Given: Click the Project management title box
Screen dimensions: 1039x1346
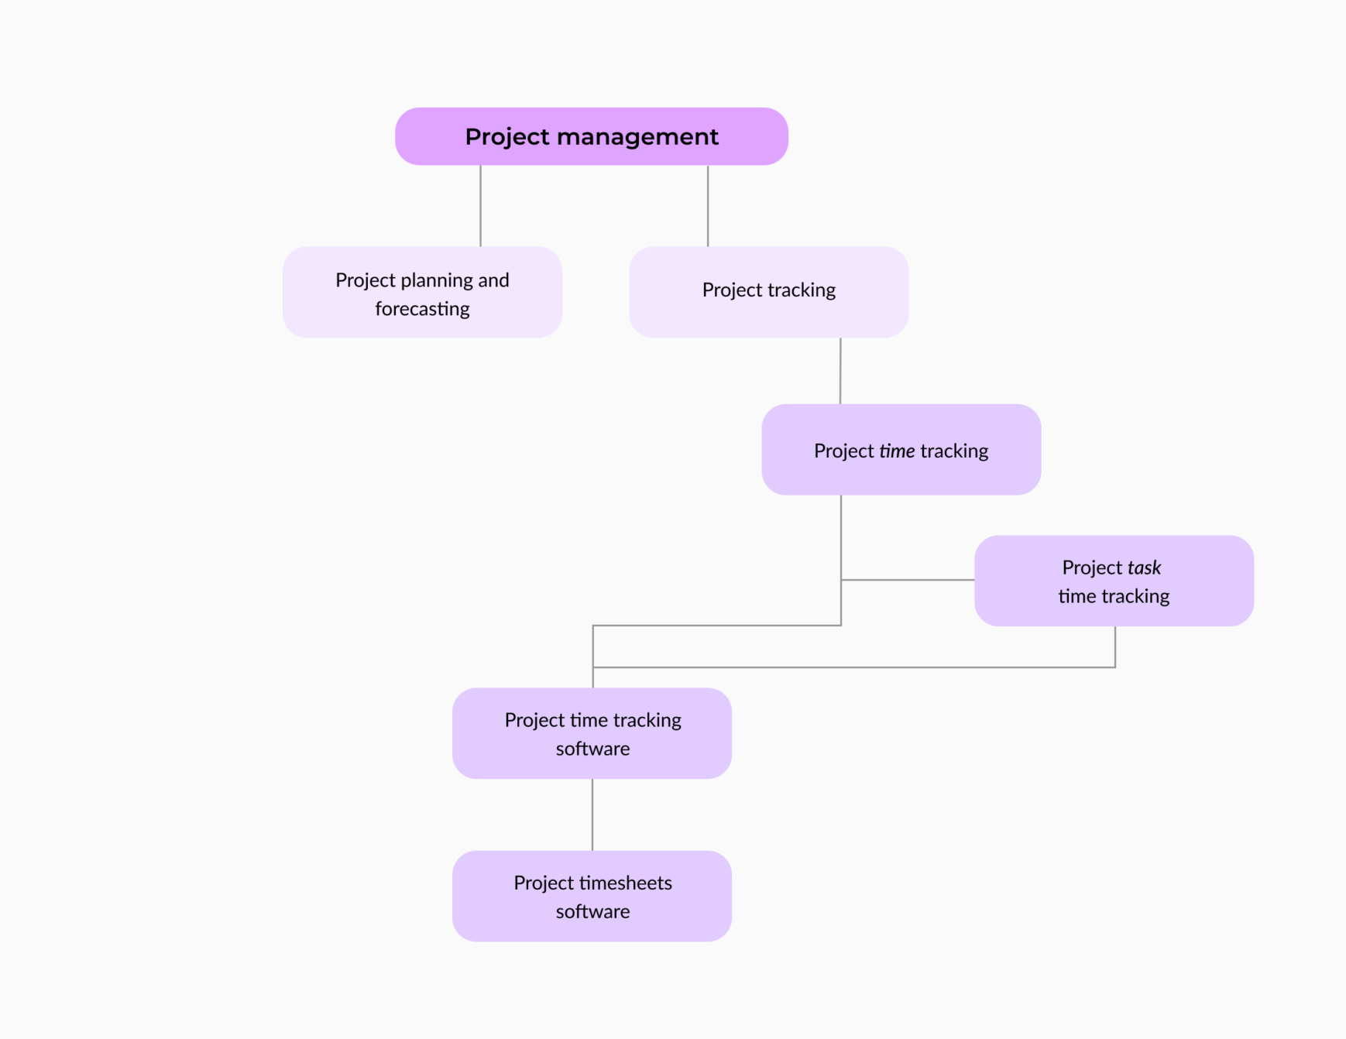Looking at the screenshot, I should tap(591, 136).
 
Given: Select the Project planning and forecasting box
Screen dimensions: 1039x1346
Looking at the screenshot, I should tap(422, 293).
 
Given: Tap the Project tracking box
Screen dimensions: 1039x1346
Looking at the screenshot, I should tap(768, 292).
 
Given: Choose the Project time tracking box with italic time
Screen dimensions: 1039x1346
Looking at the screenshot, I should tap(901, 450).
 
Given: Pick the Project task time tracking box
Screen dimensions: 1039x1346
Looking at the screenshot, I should tap(1113, 581).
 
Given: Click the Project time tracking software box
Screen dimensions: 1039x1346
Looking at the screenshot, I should tap(592, 733).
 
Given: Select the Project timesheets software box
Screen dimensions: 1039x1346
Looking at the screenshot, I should tap(592, 896).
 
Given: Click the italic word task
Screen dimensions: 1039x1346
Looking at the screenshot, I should tap(1144, 568).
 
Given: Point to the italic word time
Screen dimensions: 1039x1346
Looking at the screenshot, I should tap(897, 451).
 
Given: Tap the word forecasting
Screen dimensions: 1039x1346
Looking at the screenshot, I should tap(422, 309).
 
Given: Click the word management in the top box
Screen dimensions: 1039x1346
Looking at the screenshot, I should tap(637, 137).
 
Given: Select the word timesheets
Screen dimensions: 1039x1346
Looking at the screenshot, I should tap(625, 883).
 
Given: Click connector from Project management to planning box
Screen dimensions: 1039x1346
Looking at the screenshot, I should tap(480, 206).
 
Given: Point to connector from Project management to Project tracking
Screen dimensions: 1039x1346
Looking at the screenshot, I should tap(708, 206).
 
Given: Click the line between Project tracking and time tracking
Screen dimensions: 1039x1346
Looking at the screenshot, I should tap(840, 371).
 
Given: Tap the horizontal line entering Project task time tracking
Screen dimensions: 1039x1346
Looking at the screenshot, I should tap(908, 579).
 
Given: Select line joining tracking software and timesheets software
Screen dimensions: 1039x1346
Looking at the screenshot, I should tap(592, 814).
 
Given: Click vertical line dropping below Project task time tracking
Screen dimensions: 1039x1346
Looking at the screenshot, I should tap(1115, 646).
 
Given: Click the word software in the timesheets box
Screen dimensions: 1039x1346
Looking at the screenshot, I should tap(592, 911).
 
